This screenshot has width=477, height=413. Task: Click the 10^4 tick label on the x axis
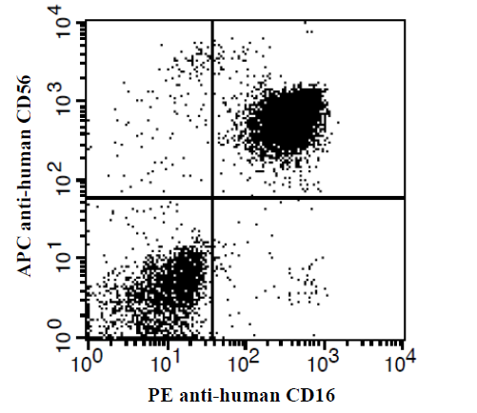(x=399, y=362)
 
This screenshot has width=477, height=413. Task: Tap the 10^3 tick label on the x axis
(x=323, y=362)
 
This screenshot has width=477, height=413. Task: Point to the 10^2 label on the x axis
(x=243, y=362)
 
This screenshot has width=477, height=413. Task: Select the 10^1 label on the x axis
(x=164, y=362)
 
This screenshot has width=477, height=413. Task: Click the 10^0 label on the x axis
(x=87, y=362)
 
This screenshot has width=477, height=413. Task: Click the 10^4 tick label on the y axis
(x=66, y=22)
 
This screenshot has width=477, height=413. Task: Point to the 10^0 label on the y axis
(x=66, y=336)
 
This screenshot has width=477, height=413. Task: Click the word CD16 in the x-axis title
(x=310, y=395)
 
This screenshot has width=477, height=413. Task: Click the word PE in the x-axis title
(x=161, y=395)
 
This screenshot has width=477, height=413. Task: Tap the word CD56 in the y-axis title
(x=24, y=99)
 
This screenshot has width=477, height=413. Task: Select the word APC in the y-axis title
(x=24, y=257)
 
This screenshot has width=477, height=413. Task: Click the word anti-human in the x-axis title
(x=229, y=395)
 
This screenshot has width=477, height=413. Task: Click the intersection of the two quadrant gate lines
(x=212, y=198)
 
